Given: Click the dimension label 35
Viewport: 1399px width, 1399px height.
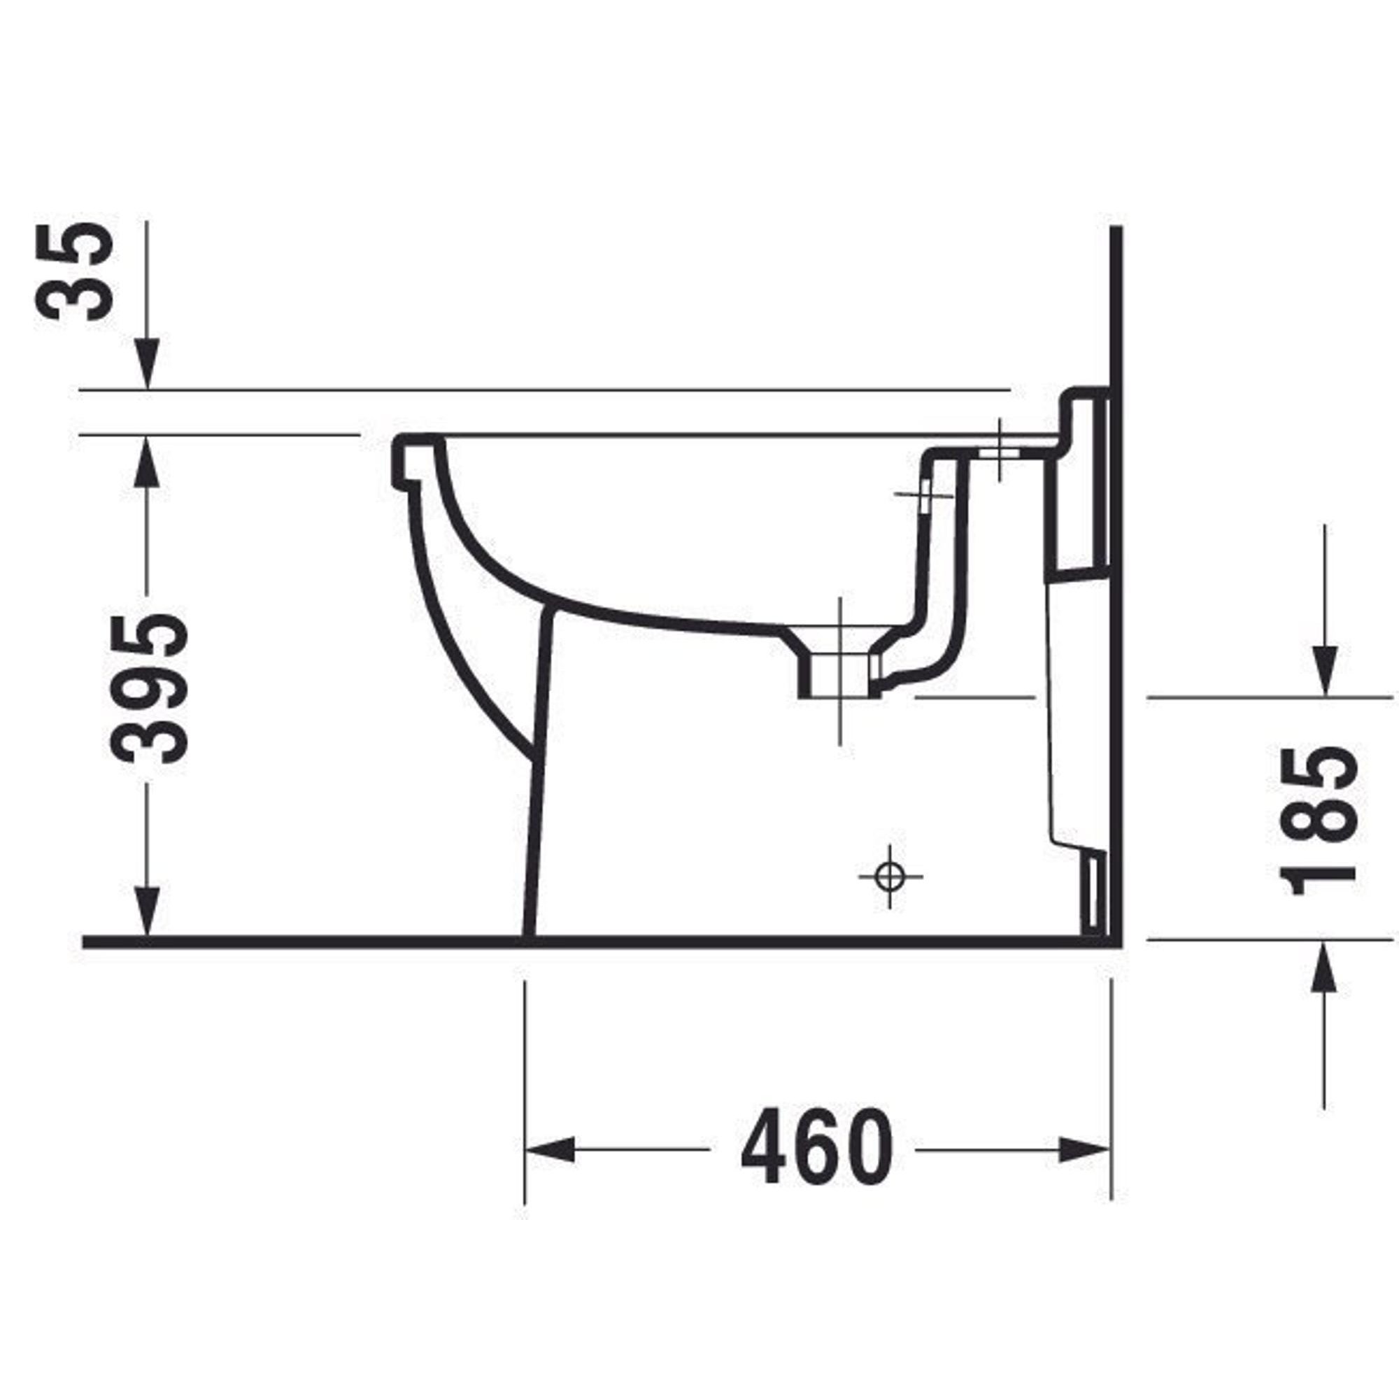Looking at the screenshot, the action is (75, 271).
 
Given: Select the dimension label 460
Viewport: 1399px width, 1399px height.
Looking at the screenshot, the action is (816, 1147).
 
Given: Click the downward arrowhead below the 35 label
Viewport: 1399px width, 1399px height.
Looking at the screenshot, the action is (147, 364).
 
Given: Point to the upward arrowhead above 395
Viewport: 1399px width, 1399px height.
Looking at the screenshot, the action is (147, 460).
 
